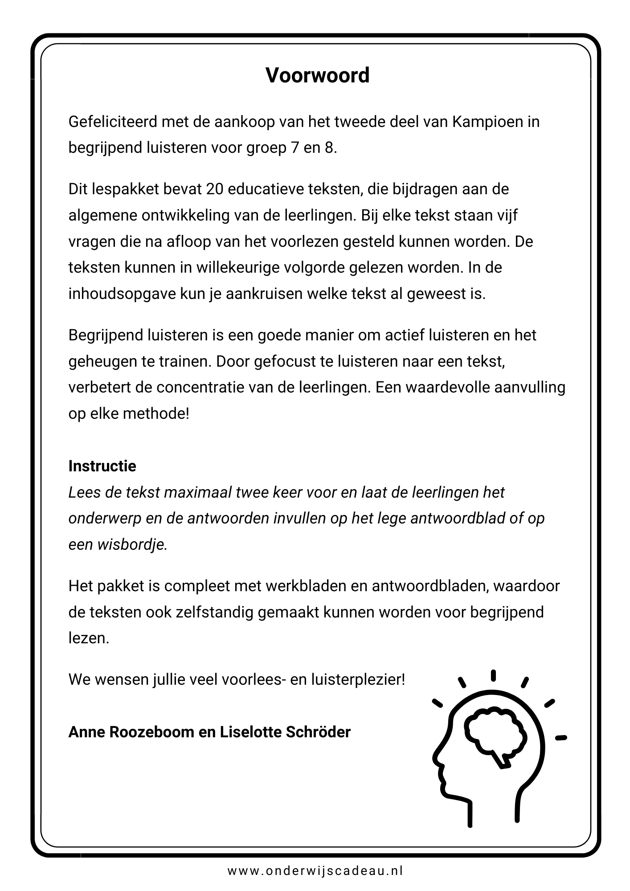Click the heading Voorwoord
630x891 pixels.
point(317,75)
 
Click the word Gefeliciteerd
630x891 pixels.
point(112,122)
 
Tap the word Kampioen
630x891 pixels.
point(488,122)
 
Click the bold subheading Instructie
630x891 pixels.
point(102,466)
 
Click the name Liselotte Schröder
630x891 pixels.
point(285,732)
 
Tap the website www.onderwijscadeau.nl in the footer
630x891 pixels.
point(315,871)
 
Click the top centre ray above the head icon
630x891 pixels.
point(493,675)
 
